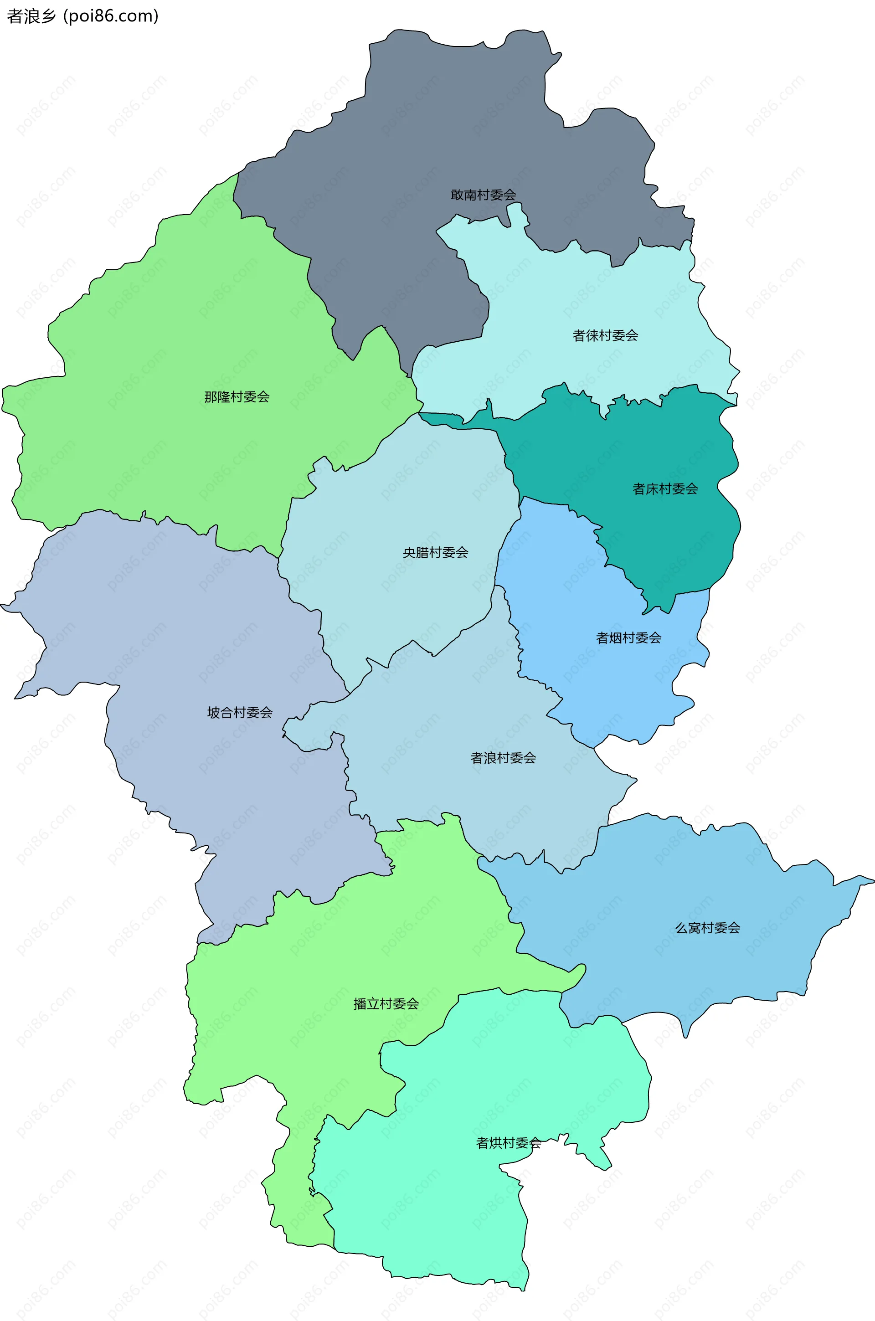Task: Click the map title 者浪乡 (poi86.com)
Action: pos(82,16)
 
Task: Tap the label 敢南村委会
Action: pos(483,195)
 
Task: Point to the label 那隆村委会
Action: pos(237,396)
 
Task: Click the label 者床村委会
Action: pos(665,488)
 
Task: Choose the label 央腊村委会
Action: pos(435,552)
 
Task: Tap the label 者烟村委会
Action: pos(628,637)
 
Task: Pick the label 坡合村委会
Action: pos(240,712)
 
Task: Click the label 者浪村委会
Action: pos(503,758)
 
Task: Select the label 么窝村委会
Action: pos(708,928)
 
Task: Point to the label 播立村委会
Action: pos(386,1003)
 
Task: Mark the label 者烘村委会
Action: pos(509,1143)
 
